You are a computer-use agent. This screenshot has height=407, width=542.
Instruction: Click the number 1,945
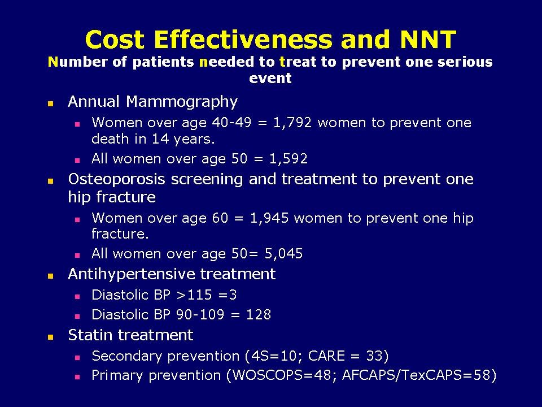point(270,218)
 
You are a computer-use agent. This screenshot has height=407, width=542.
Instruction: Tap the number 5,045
point(283,254)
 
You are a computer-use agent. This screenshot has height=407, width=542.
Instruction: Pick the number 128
point(259,314)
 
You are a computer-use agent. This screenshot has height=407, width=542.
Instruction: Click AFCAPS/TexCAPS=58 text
point(413,375)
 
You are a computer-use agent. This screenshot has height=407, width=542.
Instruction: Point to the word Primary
point(116,375)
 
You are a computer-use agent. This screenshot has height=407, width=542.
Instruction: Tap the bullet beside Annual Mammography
point(50,104)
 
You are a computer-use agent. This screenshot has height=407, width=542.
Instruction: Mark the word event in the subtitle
point(270,78)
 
